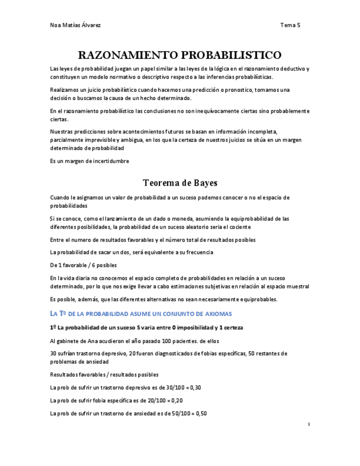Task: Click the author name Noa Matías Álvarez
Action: pyautogui.click(x=75, y=25)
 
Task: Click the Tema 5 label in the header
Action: pyautogui.click(x=290, y=25)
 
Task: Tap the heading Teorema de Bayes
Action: pyautogui.click(x=180, y=182)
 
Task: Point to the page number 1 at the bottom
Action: pyautogui.click(x=309, y=424)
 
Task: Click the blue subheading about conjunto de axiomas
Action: pyautogui.click(x=141, y=313)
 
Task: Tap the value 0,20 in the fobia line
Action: pyautogui.click(x=176, y=401)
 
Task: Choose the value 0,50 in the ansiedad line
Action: pyautogui.click(x=200, y=414)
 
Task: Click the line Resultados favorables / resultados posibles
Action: pyautogui.click(x=104, y=374)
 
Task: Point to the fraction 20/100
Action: pyautogui.click(x=153, y=401)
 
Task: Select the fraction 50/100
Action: pyautogui.click(x=177, y=414)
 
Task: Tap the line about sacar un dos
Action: pyautogui.click(x=131, y=252)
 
